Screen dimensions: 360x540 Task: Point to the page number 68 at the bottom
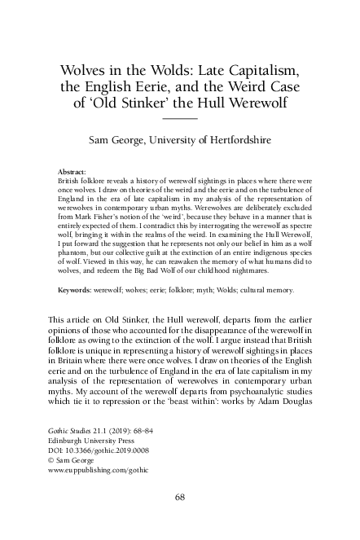pos(181,496)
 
